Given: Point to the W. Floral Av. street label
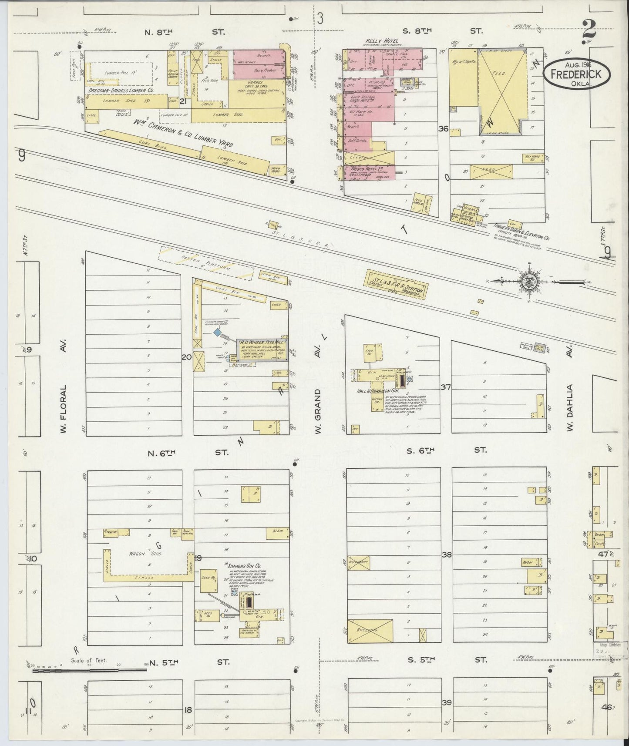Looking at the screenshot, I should pyautogui.click(x=64, y=408).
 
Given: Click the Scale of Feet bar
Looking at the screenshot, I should pyautogui.click(x=89, y=670).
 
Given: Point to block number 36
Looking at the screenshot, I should pyautogui.click(x=443, y=129).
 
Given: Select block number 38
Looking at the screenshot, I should pyautogui.click(x=447, y=555).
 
